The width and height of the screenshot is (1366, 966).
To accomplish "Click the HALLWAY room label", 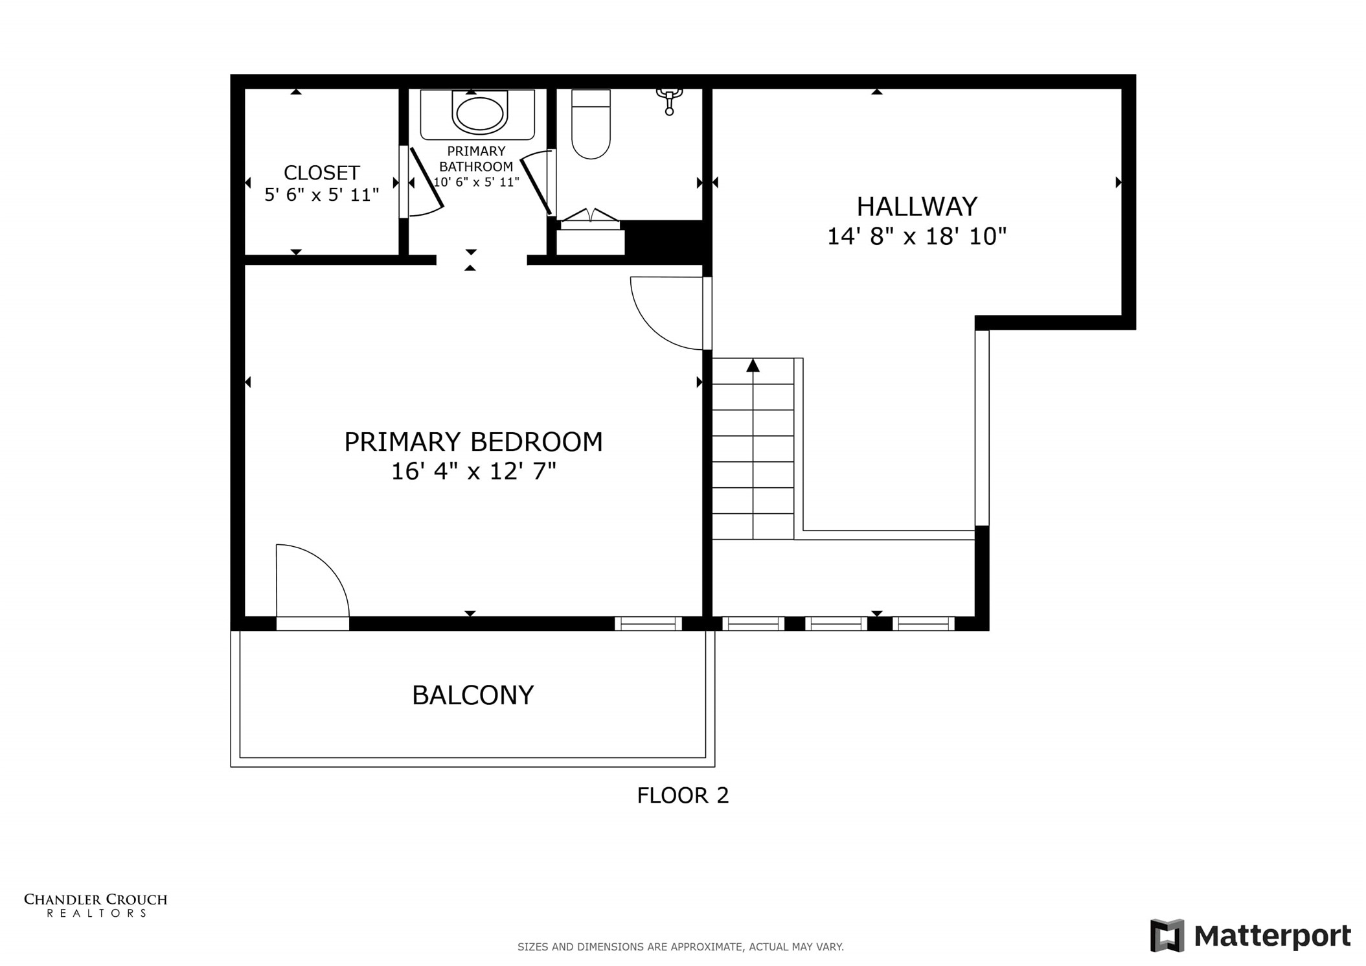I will pos(916,207).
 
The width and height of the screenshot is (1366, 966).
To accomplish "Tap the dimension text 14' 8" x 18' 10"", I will pos(916,236).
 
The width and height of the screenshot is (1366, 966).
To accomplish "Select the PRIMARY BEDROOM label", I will pos(473,442).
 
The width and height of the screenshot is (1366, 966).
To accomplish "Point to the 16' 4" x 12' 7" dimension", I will pos(473,471).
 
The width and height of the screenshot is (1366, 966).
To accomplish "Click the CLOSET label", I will pos(321,173).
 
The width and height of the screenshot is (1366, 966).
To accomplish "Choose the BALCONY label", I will pos(473,695).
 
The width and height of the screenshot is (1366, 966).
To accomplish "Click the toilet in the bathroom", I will pos(591,126).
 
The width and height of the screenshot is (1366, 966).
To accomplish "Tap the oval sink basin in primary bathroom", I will pos(479,114).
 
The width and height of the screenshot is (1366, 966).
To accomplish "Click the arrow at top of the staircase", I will pos(753,366).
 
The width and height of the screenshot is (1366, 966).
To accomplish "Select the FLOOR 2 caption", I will pos(683,796).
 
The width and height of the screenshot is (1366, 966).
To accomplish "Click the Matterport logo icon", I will pos(1167,936).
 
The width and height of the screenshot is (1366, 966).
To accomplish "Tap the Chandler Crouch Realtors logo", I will pos(95,905).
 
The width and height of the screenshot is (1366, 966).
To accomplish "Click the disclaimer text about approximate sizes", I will pos(680,947).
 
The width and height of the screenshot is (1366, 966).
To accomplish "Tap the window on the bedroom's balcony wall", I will pos(648,624).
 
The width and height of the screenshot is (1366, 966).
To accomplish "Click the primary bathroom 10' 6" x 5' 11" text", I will pos(476,182).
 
